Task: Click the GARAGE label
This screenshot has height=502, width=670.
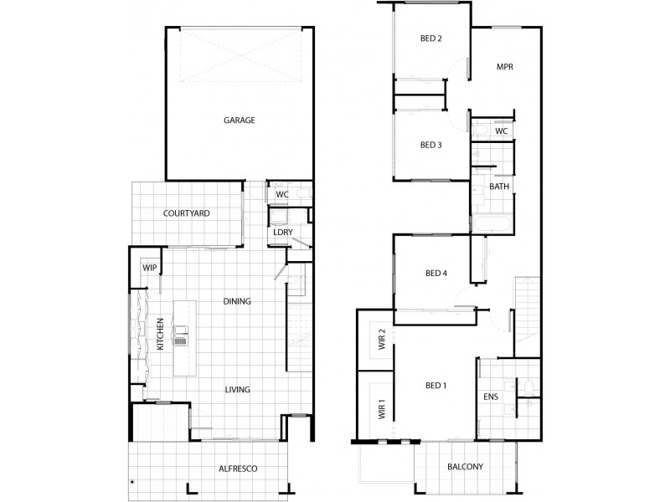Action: (x=239, y=120)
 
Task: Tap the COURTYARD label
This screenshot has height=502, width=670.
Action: (x=186, y=213)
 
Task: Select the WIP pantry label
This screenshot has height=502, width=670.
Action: (x=150, y=268)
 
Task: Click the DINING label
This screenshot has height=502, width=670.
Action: (x=237, y=301)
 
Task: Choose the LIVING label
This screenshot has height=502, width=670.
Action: (x=237, y=389)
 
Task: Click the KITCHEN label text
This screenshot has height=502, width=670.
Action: (x=159, y=334)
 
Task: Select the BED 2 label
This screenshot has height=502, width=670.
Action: (x=430, y=38)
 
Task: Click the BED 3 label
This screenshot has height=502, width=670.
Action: (x=430, y=145)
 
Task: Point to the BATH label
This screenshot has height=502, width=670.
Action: (x=500, y=186)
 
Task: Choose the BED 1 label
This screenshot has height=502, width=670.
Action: (x=436, y=385)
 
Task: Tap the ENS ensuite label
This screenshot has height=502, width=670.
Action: (x=492, y=397)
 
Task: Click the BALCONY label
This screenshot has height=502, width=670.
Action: (x=466, y=467)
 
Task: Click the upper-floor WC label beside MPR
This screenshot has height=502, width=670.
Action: (x=502, y=131)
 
